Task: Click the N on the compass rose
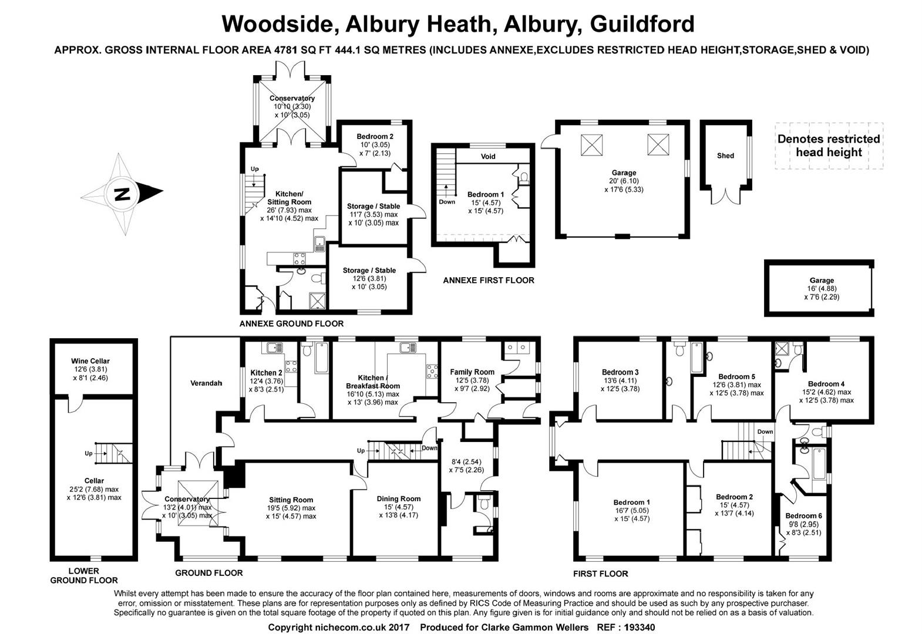122,194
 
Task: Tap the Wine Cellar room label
90,361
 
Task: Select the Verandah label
206,383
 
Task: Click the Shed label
725,156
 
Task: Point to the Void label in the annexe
488,156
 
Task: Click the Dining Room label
398,498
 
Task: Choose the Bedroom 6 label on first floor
803,516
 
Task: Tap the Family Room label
472,372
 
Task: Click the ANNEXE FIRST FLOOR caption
489,280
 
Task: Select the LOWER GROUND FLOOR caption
84,575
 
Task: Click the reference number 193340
639,628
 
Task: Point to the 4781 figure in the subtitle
285,50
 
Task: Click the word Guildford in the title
642,24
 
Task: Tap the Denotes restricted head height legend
829,146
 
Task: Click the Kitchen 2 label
266,373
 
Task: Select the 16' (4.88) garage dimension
822,289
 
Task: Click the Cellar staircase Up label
89,453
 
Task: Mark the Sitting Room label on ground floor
291,500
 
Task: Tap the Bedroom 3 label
620,372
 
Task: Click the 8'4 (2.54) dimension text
466,461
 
